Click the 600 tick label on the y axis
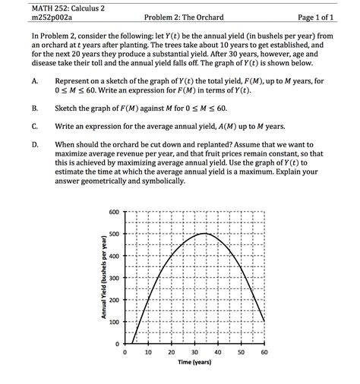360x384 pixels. tap(114, 212)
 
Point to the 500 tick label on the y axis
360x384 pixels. tap(114, 234)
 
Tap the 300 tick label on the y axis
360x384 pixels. tap(114, 278)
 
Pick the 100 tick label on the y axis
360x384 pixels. tap(114, 322)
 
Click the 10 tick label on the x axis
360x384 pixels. tap(148, 354)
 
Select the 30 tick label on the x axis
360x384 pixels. tap(194, 354)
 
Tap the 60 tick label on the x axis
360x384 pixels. tap(264, 354)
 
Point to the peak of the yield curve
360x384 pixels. tap(205, 234)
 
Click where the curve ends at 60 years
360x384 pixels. tap(264, 321)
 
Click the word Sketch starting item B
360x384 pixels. tap(70, 109)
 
